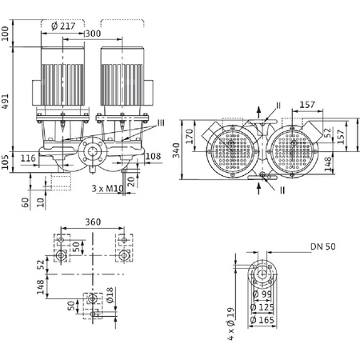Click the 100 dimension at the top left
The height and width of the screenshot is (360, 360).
click(7, 33)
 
